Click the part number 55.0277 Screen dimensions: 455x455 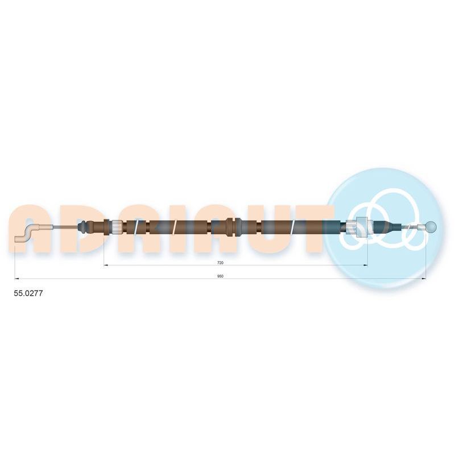point(28,293)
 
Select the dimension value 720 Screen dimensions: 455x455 point(220,263)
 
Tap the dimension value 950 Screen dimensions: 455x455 point(220,276)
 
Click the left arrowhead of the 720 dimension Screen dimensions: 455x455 point(106,265)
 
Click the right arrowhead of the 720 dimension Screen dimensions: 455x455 point(366,265)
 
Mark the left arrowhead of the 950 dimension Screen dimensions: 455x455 point(16,279)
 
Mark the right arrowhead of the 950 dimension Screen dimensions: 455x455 point(424,279)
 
